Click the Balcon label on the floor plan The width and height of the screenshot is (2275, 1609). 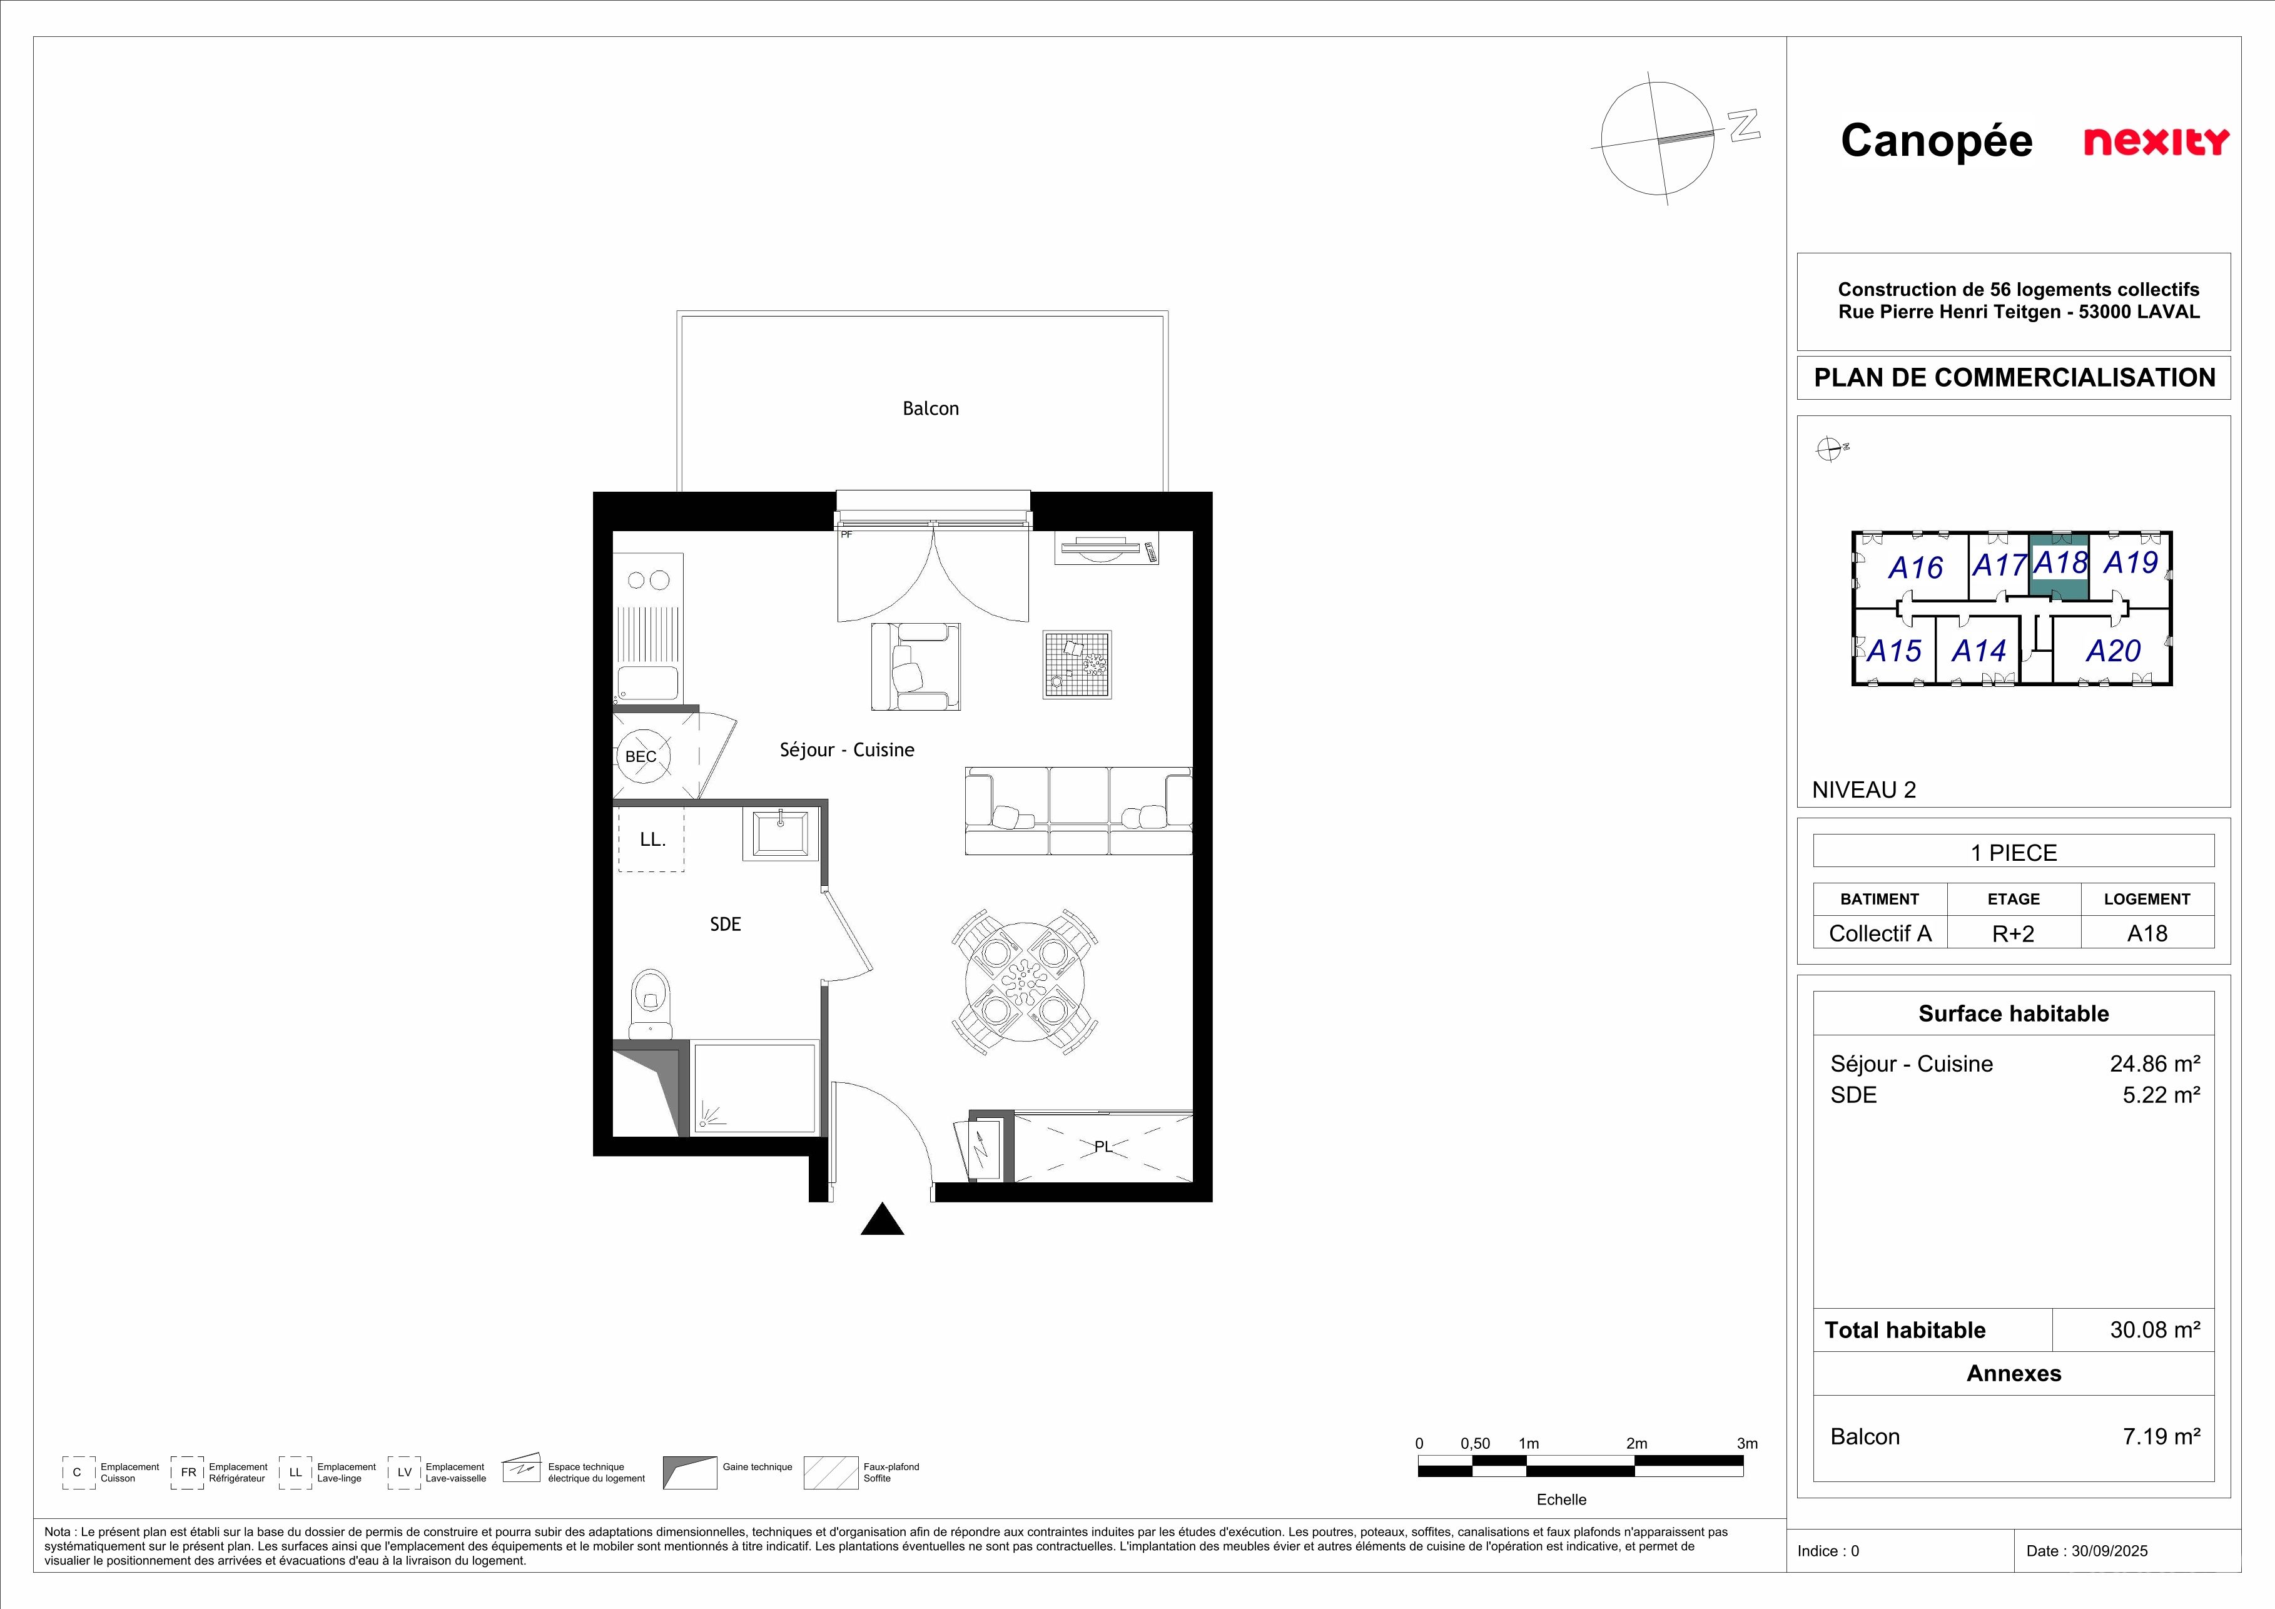coord(930,409)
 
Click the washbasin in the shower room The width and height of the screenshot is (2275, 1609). coord(781,832)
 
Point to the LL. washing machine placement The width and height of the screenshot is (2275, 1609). coord(651,839)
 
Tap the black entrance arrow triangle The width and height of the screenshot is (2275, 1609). coord(882,1220)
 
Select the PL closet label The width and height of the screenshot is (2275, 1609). coord(1103,1146)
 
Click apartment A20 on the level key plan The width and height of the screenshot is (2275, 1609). coord(2114,651)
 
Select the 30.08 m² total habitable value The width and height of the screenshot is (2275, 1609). coord(2155,1329)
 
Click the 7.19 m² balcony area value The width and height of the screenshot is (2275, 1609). coord(2161,1436)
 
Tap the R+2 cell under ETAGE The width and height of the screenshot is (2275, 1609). coord(2014,933)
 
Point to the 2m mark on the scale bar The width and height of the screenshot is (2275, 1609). coord(1637,1444)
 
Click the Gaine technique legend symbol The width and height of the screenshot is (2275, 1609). coord(689,1472)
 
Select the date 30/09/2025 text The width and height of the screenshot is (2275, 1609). coord(2109,1551)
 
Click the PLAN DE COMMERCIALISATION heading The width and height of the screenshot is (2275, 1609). coord(2014,377)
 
